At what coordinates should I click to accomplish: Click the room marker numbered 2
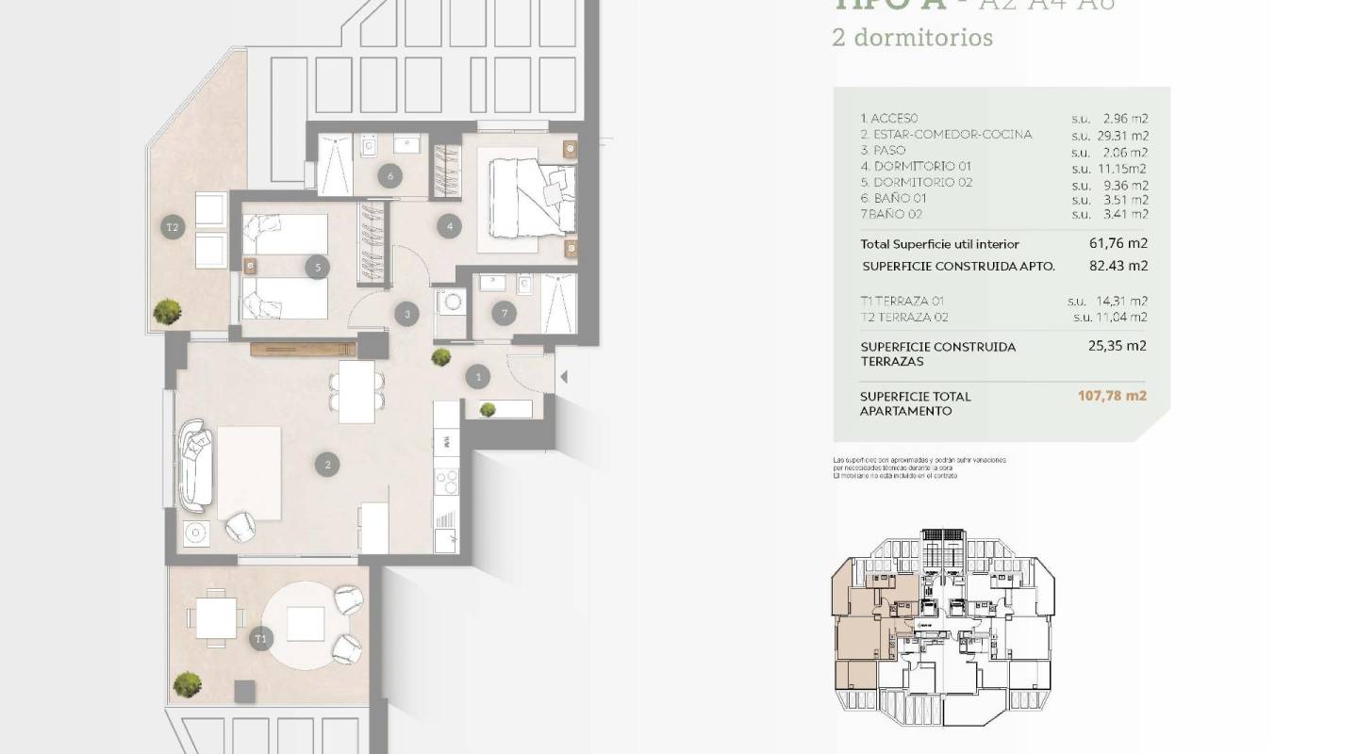327,464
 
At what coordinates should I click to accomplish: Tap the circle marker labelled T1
260,639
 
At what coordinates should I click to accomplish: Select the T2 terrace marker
172,227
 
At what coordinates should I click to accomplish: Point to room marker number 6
389,175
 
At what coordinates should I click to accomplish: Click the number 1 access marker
478,377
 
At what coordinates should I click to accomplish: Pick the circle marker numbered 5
318,268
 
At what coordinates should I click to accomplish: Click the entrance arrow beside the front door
564,377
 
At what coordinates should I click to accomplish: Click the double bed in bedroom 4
530,196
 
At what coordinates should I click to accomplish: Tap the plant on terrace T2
168,311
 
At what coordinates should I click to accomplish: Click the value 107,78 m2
1112,396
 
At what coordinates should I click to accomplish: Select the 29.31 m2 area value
1126,135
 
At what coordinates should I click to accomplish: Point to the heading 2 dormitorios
899,38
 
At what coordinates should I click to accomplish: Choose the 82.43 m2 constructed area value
1118,266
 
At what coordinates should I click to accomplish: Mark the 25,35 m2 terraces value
1117,346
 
